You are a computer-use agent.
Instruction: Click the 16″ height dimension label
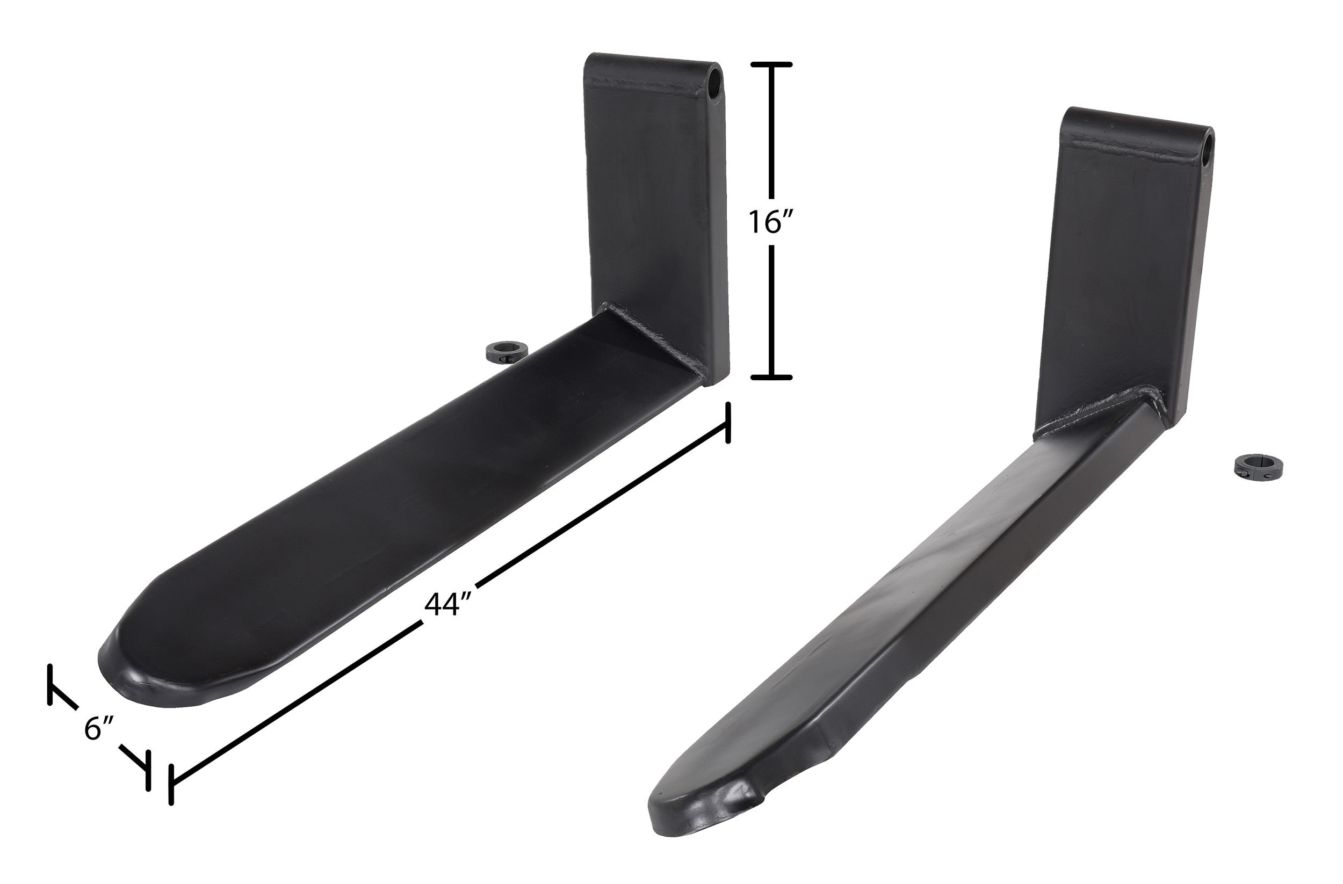click(772, 222)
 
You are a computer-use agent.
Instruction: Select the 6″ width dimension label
click(100, 728)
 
